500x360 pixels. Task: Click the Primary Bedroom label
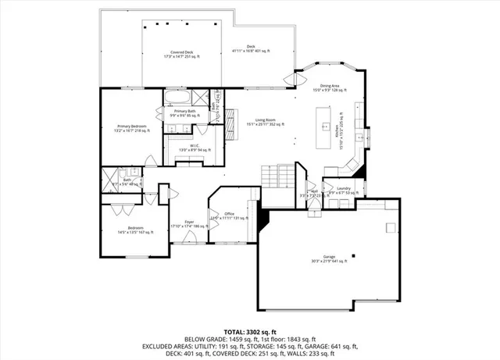132,128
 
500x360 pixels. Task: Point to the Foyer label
188,223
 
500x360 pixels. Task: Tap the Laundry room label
343,190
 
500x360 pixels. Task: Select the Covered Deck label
179,53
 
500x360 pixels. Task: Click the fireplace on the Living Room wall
231,123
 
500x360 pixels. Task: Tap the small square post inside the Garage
352,255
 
